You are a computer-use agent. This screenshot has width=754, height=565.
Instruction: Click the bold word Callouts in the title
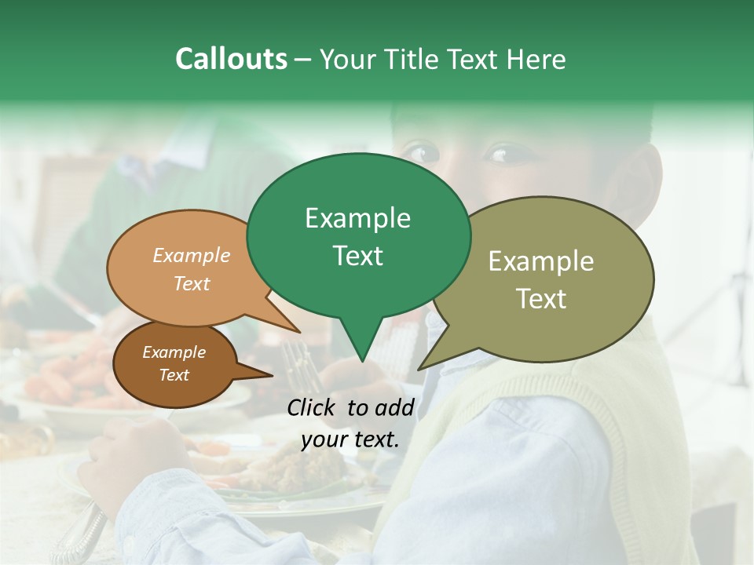pyautogui.click(x=231, y=59)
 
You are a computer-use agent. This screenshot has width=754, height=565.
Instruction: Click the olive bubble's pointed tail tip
pyautogui.click(x=420, y=368)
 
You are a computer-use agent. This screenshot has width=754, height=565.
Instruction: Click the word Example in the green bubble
pyautogui.click(x=357, y=218)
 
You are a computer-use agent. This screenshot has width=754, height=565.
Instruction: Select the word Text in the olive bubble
pyautogui.click(x=542, y=298)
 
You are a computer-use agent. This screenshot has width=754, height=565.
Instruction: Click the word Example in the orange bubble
pyautogui.click(x=192, y=256)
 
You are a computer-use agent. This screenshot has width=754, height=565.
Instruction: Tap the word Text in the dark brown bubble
pyautogui.click(x=174, y=375)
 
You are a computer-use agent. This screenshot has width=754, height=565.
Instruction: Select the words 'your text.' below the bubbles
pyautogui.click(x=350, y=439)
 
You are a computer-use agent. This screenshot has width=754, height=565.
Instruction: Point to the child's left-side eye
pyautogui.click(x=422, y=151)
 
